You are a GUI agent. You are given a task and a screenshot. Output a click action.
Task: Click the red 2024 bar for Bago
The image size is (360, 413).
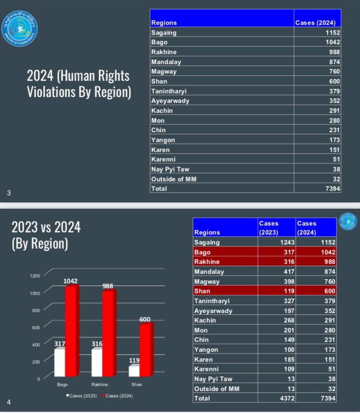coord(71,331)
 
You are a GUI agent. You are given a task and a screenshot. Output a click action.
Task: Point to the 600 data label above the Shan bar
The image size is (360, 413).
coord(144,319)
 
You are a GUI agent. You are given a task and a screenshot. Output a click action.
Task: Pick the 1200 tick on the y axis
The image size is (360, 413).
coord(34,275)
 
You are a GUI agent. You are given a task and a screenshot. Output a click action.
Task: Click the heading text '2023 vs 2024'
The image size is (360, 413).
coord(46,227)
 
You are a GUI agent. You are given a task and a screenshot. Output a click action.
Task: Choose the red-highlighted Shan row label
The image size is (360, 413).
coord(202,291)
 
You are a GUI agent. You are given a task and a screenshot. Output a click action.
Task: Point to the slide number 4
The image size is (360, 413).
coord(9,402)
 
